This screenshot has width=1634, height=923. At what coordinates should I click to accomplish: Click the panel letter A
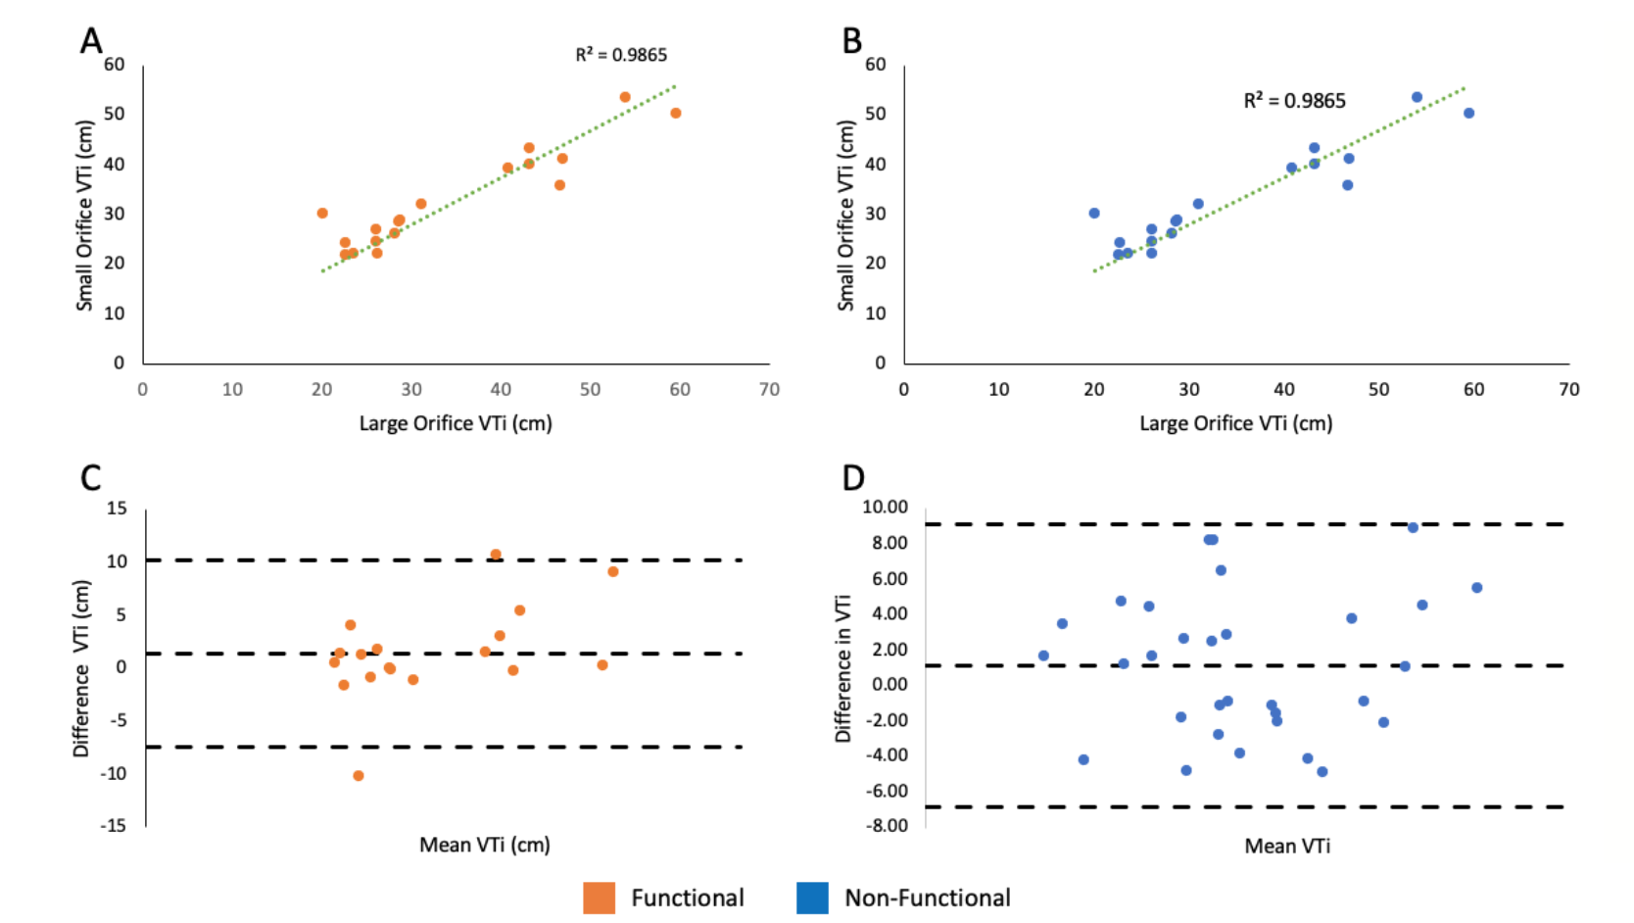[x=91, y=41]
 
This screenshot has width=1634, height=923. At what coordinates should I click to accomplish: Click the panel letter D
[x=853, y=478]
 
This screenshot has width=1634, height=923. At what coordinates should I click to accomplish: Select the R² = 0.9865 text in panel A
[x=621, y=55]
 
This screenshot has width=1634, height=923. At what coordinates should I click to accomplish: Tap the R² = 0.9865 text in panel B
[x=1294, y=101]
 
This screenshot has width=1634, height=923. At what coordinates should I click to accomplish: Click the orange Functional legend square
[x=599, y=898]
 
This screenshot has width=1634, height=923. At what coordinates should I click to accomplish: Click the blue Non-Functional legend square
[x=812, y=898]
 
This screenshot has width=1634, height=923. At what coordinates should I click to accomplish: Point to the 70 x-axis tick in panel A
[x=769, y=390]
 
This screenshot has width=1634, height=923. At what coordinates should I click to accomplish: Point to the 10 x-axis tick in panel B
[x=998, y=390]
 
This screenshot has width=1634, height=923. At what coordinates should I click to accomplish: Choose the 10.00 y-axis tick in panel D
[x=885, y=507]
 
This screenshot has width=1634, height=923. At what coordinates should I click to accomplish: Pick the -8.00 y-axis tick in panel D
[x=887, y=826]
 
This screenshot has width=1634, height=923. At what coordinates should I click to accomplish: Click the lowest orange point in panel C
[x=359, y=776]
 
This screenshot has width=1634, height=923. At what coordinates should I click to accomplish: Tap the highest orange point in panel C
[x=496, y=555]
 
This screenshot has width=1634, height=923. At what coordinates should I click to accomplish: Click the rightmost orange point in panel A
[x=676, y=114]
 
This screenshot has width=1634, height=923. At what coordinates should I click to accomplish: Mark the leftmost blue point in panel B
[x=1094, y=214]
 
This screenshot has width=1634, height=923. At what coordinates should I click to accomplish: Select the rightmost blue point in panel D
[x=1477, y=588]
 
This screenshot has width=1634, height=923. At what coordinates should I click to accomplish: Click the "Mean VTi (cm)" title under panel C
[x=485, y=845]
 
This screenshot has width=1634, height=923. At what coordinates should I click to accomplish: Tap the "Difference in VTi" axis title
[x=842, y=668]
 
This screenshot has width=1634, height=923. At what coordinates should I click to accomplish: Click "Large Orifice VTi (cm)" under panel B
[x=1236, y=423]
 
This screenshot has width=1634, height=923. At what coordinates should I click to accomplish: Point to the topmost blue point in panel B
[x=1417, y=97]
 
